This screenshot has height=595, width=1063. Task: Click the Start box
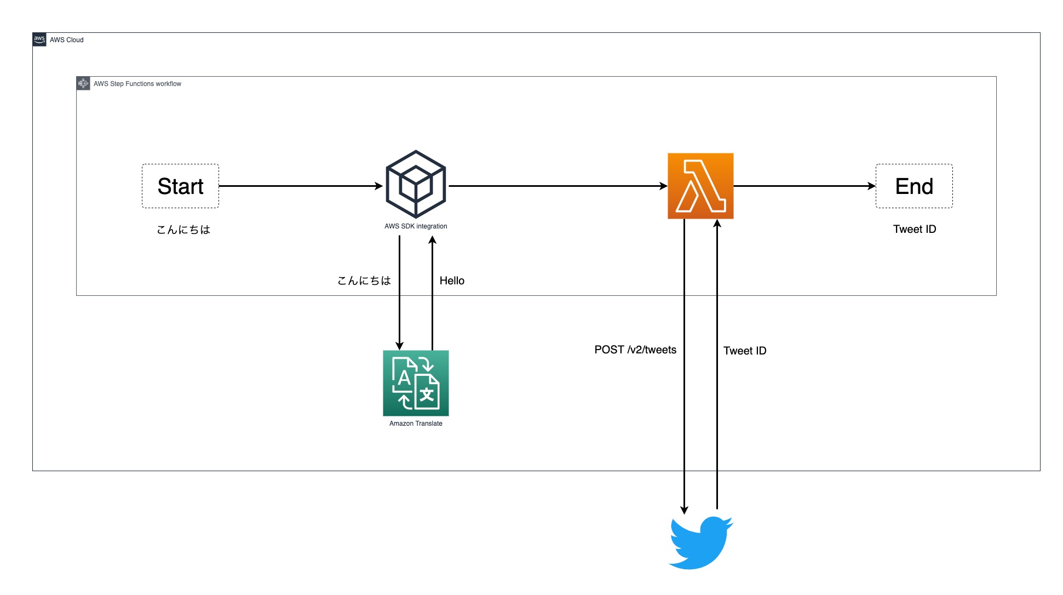pyautogui.click(x=180, y=186)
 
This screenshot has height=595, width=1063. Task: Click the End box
pyautogui.click(x=913, y=186)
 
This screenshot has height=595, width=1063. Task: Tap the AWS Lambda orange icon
pyautogui.click(x=700, y=186)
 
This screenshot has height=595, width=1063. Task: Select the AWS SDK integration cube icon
pyautogui.click(x=416, y=185)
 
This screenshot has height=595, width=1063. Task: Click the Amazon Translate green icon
pyautogui.click(x=416, y=383)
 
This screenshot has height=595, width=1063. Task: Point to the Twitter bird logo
pyautogui.click(x=700, y=542)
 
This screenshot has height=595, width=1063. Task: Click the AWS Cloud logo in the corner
pyautogui.click(x=39, y=39)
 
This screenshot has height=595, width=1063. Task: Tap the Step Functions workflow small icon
pyautogui.click(x=83, y=83)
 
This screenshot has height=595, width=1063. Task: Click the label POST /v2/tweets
pyautogui.click(x=635, y=350)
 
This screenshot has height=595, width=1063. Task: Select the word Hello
pyautogui.click(x=452, y=281)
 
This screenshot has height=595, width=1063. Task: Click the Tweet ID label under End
pyautogui.click(x=914, y=229)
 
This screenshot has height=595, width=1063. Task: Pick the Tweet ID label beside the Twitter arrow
pyautogui.click(x=744, y=351)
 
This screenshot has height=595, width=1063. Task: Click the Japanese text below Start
pyautogui.click(x=183, y=230)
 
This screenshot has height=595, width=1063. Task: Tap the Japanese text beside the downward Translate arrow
pyautogui.click(x=364, y=281)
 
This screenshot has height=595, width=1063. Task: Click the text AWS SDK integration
pyautogui.click(x=416, y=226)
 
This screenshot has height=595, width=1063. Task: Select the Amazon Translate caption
pyautogui.click(x=416, y=424)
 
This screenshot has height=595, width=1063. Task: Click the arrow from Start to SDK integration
pyautogui.click(x=300, y=186)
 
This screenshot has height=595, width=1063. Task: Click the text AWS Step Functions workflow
pyautogui.click(x=137, y=84)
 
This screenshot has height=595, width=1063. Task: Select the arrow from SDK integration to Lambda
pyautogui.click(x=558, y=186)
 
